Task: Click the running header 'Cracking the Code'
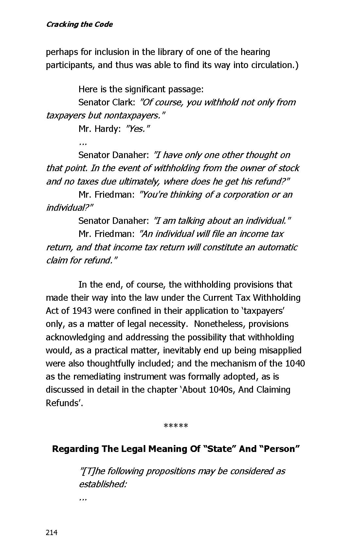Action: click(79, 25)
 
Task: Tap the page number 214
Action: click(52, 532)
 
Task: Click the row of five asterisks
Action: click(176, 426)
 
